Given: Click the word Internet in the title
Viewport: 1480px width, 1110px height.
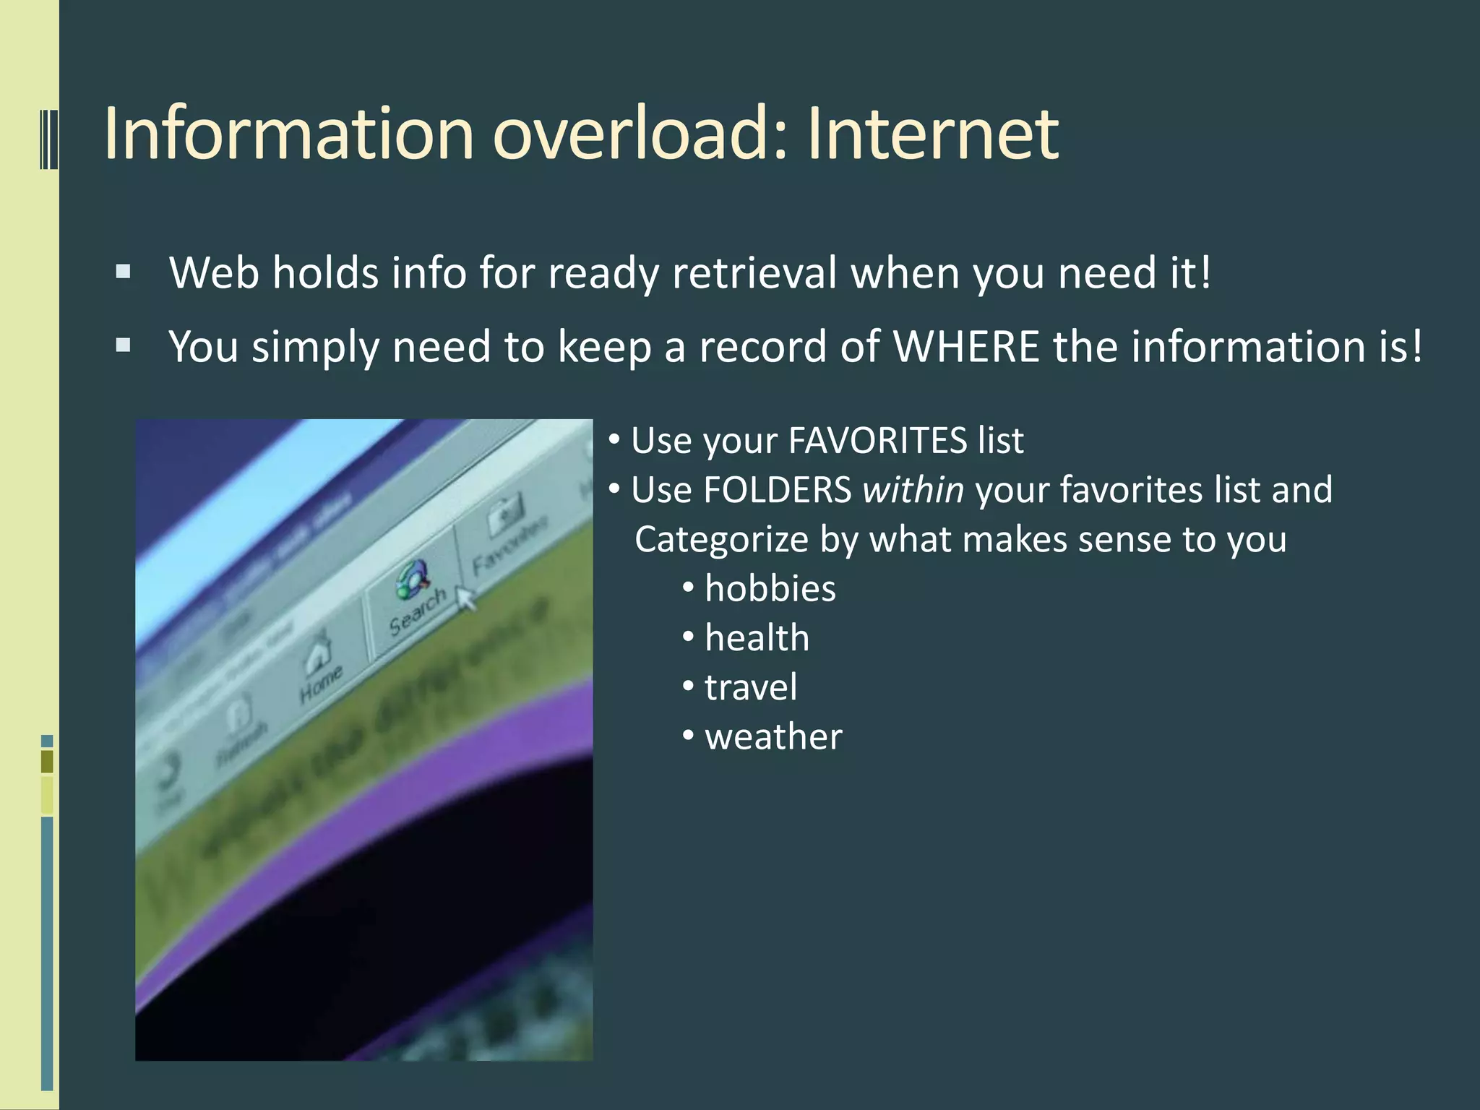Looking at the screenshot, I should [933, 134].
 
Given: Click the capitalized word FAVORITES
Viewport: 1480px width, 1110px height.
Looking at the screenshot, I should [877, 441].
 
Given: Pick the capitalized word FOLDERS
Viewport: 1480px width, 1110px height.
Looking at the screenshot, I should [777, 490].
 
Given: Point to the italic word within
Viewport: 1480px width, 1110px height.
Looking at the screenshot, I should [913, 490].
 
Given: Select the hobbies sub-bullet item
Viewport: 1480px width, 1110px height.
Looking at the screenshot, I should [770, 589].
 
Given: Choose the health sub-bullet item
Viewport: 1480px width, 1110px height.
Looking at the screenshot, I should [757, 638].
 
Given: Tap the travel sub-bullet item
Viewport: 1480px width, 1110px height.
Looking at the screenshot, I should [751, 687].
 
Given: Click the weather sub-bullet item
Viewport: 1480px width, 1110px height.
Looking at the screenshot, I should [773, 737].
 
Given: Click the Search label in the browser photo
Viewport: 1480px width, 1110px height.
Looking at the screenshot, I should [417, 611].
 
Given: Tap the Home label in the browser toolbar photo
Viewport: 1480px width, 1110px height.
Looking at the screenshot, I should [321, 682].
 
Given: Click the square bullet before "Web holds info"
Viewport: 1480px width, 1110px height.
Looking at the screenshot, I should [124, 272].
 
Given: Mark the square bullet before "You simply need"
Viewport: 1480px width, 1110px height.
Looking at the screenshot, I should [124, 345].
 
